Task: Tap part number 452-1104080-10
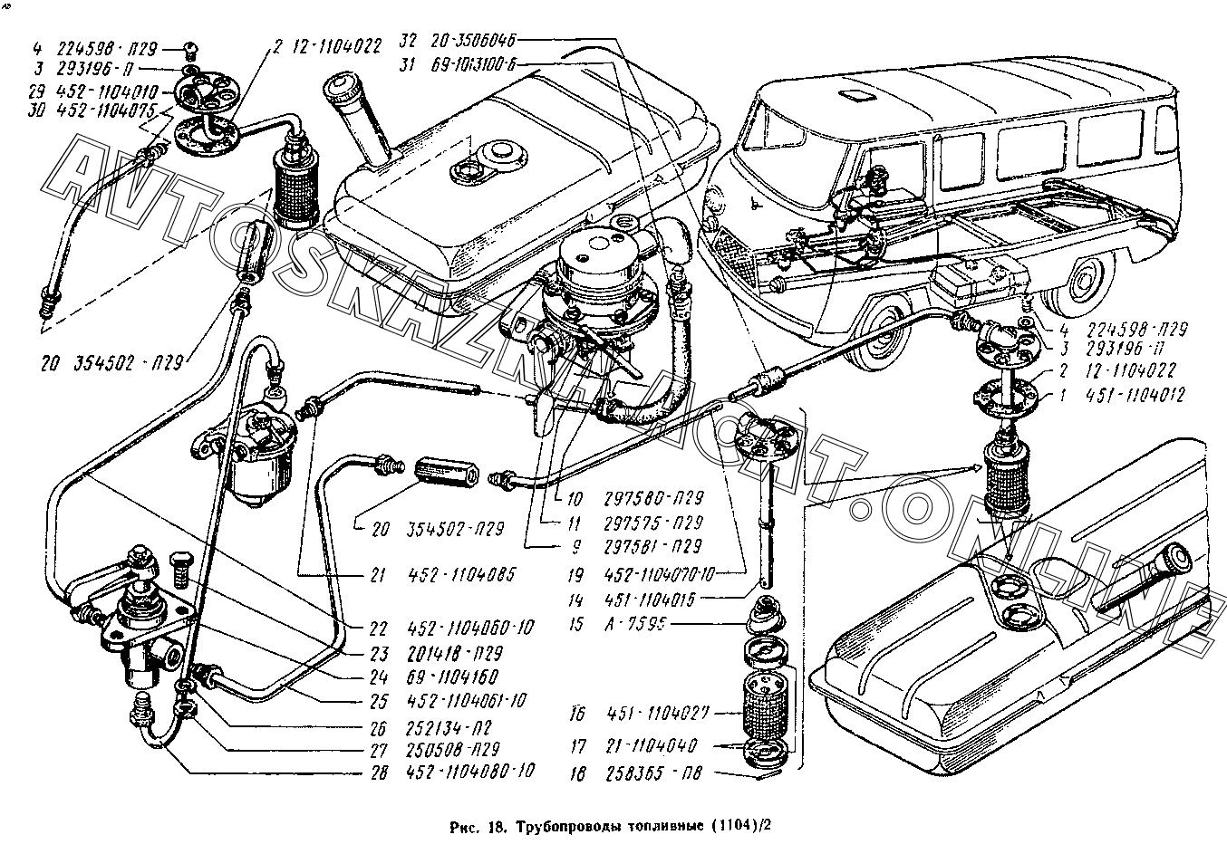coord(470,772)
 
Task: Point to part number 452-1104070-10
coord(667,574)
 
